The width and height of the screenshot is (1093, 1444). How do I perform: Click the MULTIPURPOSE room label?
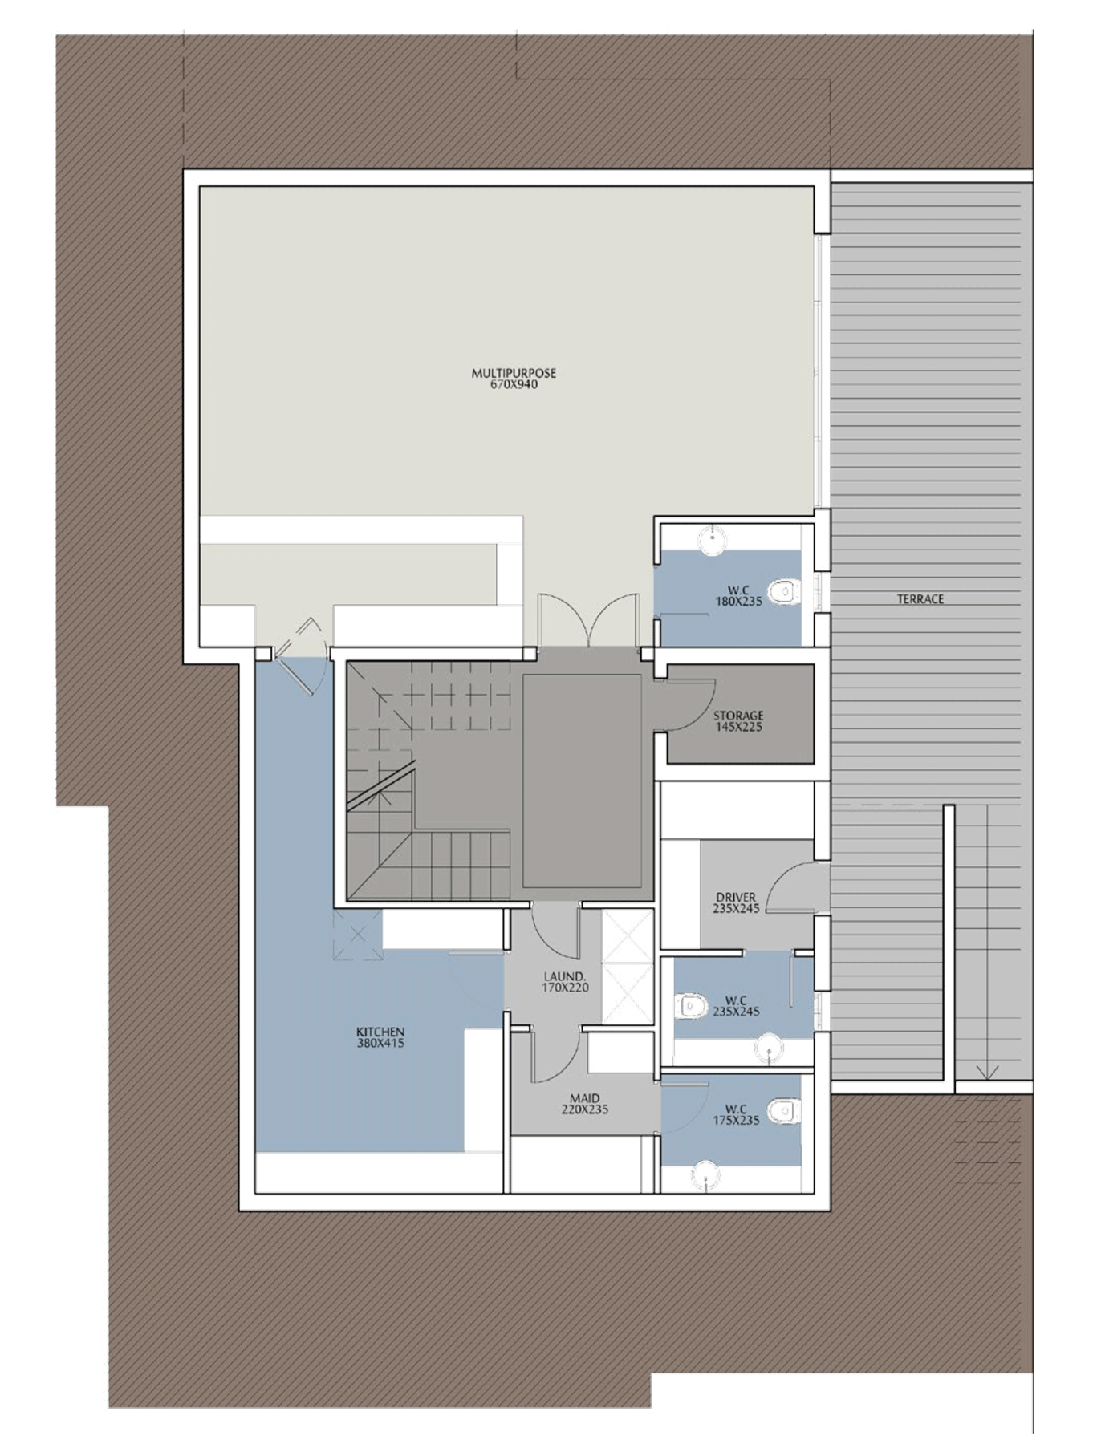click(514, 373)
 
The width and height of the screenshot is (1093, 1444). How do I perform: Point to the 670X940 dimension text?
click(514, 384)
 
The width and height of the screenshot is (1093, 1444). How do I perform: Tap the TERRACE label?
click(920, 599)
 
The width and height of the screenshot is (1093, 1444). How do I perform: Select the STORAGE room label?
click(738, 716)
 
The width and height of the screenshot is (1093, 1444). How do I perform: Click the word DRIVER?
click(736, 898)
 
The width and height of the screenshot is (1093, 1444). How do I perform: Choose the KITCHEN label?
click(380, 1032)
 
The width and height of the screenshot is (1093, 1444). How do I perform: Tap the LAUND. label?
click(565, 976)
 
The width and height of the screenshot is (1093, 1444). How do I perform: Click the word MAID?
click(585, 1098)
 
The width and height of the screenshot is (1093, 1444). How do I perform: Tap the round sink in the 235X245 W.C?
click(770, 1048)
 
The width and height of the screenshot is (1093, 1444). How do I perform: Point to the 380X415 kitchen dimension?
click(380, 1043)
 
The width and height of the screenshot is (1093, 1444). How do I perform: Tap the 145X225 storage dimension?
click(738, 727)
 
